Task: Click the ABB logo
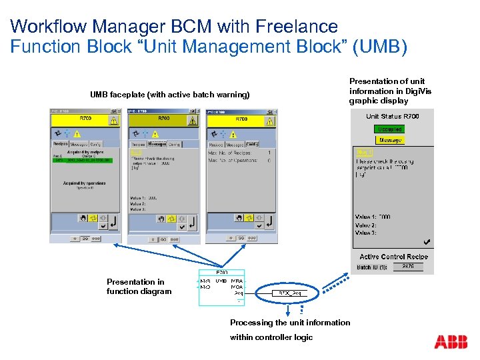451,342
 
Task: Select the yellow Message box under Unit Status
390,140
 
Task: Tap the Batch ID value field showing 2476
408,267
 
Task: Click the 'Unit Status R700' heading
393,117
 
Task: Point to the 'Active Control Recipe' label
393,257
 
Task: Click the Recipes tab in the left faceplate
61,143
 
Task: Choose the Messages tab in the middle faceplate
158,143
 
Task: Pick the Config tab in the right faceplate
252,143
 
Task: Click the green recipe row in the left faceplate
84,160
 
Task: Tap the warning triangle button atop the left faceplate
113,121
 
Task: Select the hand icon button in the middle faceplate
161,219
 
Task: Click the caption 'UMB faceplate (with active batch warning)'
169,95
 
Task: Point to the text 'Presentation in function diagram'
139,286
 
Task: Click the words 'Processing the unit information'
290,323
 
